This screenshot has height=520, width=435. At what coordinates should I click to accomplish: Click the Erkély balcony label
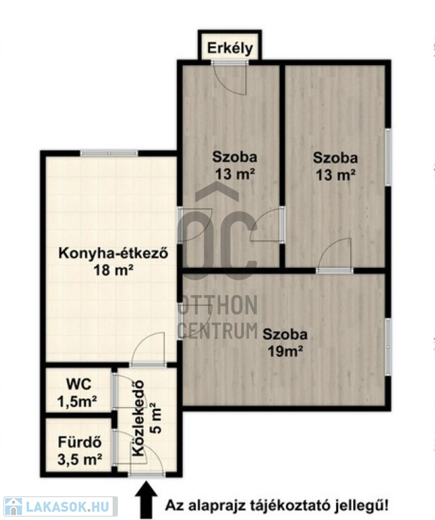[x=230, y=49]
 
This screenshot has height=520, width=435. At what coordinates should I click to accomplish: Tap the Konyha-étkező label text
[x=113, y=253]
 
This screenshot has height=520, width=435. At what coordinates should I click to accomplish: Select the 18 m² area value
[x=113, y=270]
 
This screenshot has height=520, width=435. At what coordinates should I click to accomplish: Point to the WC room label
[x=79, y=385]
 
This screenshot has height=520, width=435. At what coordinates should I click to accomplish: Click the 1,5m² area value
[x=77, y=402]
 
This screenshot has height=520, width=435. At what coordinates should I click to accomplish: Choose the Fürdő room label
[x=80, y=442]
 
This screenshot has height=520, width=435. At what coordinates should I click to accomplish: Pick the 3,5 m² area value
[x=80, y=459]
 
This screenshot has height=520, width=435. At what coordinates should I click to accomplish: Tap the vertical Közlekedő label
[x=138, y=418]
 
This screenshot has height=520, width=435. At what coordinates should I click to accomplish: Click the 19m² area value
[x=285, y=351]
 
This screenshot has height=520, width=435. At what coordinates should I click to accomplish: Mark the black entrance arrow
[x=146, y=500]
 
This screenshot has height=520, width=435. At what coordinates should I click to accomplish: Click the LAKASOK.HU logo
[x=60, y=506]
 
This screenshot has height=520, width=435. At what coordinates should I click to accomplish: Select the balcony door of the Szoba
[x=230, y=77]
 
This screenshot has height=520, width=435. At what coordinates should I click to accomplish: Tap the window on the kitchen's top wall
[x=109, y=153]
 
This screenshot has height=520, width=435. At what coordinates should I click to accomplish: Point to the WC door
[x=123, y=391]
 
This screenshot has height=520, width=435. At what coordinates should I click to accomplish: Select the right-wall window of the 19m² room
[x=388, y=347]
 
